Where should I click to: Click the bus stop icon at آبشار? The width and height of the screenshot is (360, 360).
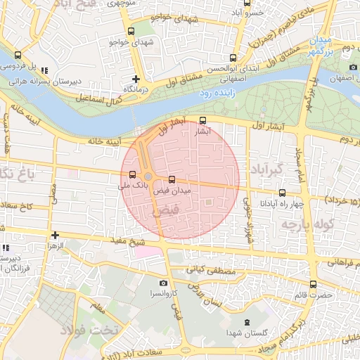(x=203, y=120)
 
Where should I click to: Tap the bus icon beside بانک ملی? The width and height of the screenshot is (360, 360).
(x=132, y=174)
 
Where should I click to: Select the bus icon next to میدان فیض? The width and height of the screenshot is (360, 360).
(x=172, y=180)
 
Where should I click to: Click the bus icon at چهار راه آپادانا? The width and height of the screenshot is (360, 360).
(x=282, y=193)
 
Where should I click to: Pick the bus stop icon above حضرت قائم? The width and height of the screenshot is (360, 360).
(x=313, y=285)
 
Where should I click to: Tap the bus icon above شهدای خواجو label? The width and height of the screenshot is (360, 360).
(x=131, y=31)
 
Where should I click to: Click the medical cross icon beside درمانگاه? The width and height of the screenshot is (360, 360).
(x=136, y=79)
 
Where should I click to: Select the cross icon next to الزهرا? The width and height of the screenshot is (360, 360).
(x=54, y=235)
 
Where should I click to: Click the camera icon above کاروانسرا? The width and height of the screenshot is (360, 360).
(x=164, y=283)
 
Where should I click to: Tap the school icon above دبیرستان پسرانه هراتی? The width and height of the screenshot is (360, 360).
(x=45, y=70)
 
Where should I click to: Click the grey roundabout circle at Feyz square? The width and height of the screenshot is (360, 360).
(x=148, y=176)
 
